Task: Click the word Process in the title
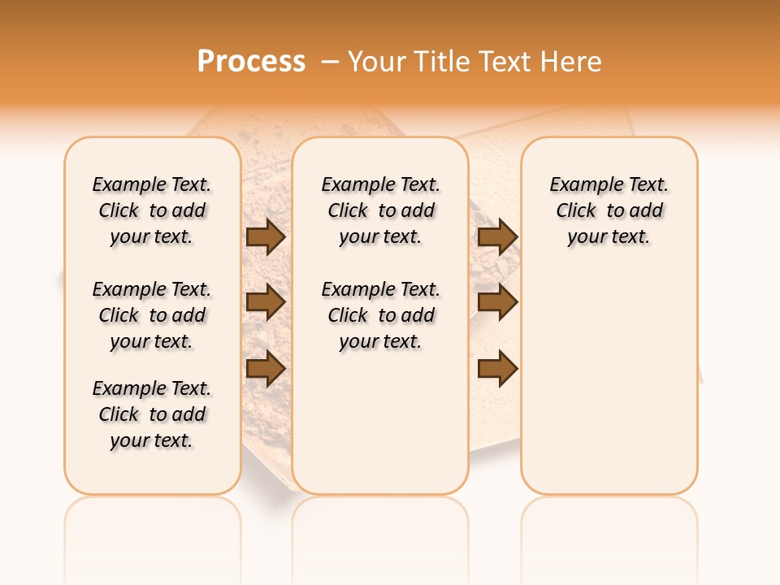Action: (x=251, y=61)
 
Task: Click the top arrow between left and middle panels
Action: (x=265, y=236)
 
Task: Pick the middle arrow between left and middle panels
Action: (x=265, y=302)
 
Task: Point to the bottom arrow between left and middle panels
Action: (x=265, y=369)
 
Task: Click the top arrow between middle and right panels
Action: (x=497, y=236)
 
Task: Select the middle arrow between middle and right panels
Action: (x=497, y=302)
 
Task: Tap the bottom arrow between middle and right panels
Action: (x=497, y=369)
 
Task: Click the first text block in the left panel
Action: (x=152, y=210)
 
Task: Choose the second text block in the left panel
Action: (x=152, y=315)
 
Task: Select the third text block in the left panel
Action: (x=152, y=414)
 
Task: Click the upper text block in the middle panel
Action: (x=381, y=210)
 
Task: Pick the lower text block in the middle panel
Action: (x=381, y=315)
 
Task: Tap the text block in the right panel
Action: (x=609, y=210)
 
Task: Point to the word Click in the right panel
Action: (x=576, y=210)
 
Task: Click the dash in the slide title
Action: (x=330, y=61)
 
